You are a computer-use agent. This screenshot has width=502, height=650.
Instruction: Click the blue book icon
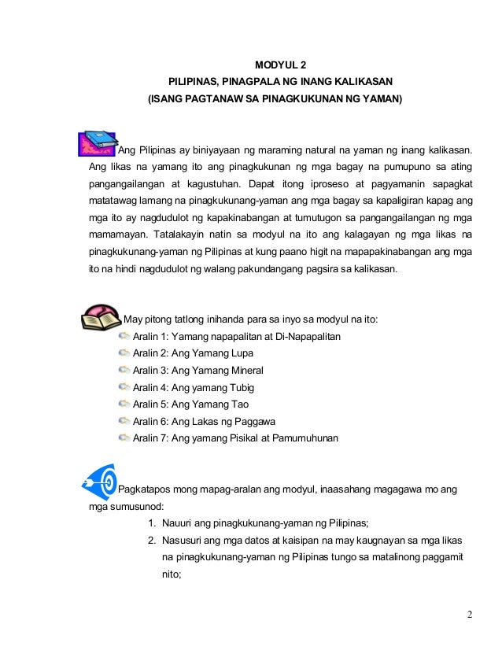point(98,143)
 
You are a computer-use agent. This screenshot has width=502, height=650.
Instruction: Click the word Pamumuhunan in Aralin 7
point(302,438)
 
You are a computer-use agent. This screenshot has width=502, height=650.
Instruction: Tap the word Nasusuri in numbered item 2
point(183,541)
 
